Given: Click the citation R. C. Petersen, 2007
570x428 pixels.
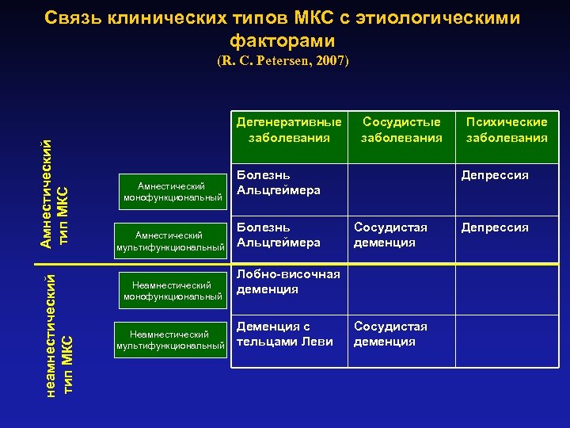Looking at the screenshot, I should (283, 60).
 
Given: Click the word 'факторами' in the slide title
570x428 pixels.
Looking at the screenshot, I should (283, 40).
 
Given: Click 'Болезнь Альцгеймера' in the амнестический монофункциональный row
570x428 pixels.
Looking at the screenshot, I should (278, 182).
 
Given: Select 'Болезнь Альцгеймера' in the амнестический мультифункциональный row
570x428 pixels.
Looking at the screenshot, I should (278, 235).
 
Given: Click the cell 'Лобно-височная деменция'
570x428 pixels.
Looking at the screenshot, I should (288, 281).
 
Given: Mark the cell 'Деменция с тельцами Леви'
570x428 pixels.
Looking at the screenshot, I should (284, 334).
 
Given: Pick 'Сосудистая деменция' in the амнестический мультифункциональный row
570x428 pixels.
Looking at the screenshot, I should (390, 235).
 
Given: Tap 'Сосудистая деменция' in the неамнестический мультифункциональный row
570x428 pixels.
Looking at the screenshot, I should (390, 334).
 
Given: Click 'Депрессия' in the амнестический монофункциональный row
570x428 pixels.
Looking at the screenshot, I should (496, 175).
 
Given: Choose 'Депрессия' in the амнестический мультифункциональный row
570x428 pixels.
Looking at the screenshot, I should (496, 227).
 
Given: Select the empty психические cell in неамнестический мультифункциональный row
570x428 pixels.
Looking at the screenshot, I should (506, 340).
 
